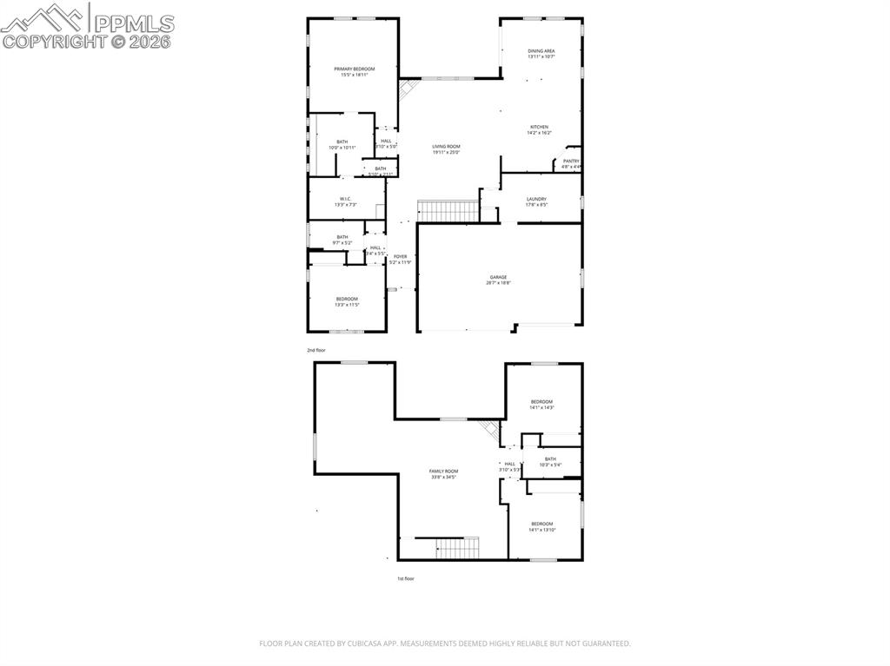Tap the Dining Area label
point(541,54)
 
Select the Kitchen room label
point(539,129)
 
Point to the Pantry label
point(571,163)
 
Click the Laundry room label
point(536,201)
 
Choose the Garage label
point(498,280)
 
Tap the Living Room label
point(446,149)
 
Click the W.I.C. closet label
point(345,201)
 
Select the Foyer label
point(400,259)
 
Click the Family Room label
point(443,473)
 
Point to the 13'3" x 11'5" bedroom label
point(347,301)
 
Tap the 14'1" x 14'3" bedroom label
point(541,404)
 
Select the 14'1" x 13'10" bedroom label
point(541,526)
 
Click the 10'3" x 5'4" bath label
point(550,462)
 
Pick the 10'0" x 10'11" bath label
point(342,145)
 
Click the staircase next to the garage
point(448,210)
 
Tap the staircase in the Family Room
point(456,548)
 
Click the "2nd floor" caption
point(315,350)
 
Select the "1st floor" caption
point(406,578)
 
